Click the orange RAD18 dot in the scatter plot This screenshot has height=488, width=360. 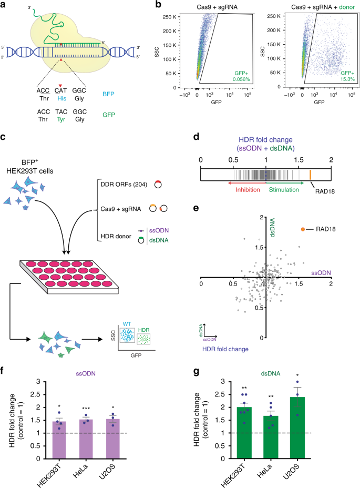tap(303, 215)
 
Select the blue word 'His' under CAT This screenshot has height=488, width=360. tap(61, 96)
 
